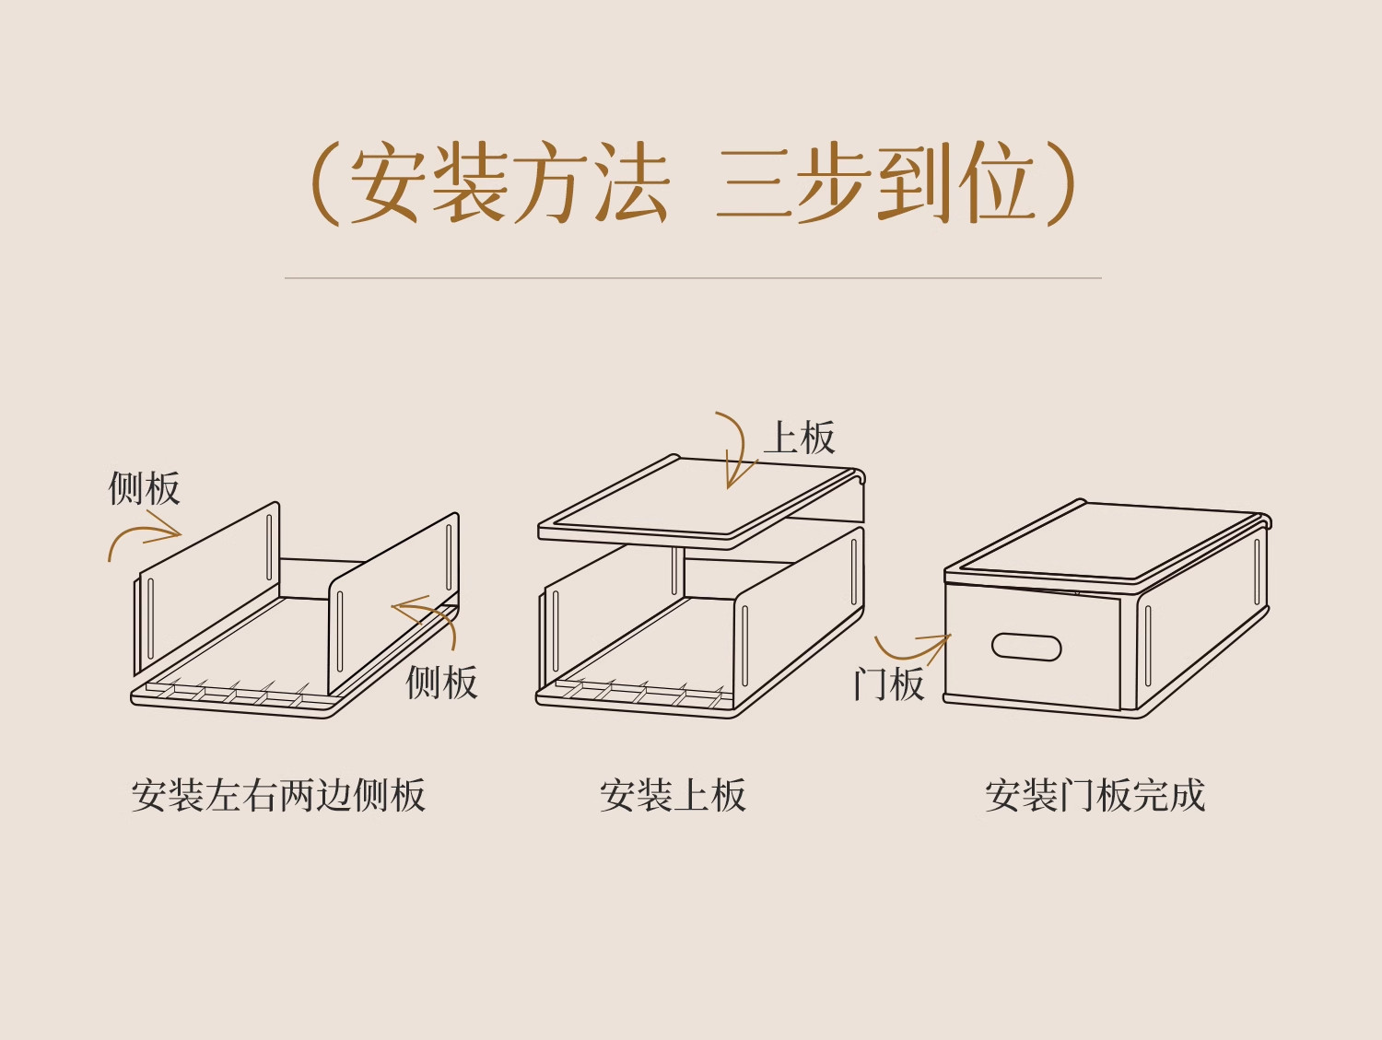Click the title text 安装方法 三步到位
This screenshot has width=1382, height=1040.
(x=691, y=184)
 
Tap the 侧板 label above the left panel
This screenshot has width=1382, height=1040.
(x=144, y=488)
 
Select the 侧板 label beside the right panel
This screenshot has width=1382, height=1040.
(x=441, y=683)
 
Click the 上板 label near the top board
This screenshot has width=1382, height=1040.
(x=800, y=438)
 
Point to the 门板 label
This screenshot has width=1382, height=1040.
(x=888, y=684)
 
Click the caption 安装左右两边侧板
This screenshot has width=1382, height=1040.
(x=278, y=795)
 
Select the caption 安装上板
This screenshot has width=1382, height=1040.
(x=673, y=795)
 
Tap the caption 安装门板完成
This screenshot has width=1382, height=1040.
(x=1095, y=795)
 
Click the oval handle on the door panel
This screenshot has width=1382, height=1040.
(x=1026, y=647)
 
